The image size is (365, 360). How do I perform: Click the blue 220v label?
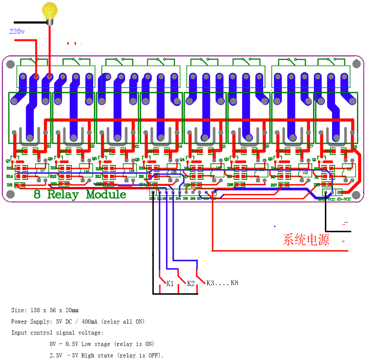point(17,31)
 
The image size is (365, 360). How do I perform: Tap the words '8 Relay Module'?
point(80,194)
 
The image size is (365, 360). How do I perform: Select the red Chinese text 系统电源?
point(306,240)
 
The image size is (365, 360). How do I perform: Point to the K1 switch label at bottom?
point(170,283)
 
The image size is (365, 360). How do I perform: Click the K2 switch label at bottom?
point(191,283)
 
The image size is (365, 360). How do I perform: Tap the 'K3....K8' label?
point(222,283)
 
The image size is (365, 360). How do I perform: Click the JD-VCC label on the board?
point(344,199)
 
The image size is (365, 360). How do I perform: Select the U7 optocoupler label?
point(42,170)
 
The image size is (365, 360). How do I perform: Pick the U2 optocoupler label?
point(305,172)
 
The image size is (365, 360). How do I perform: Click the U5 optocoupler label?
point(174,172)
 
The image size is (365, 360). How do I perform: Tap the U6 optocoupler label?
point(86,171)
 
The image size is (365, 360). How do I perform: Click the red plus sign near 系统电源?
point(343,241)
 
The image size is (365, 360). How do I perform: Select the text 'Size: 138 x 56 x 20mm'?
point(45,310)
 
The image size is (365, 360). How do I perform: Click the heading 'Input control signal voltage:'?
point(57,333)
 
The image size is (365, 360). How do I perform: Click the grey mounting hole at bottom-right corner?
point(356,195)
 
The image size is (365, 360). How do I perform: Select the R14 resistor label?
point(10,176)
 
